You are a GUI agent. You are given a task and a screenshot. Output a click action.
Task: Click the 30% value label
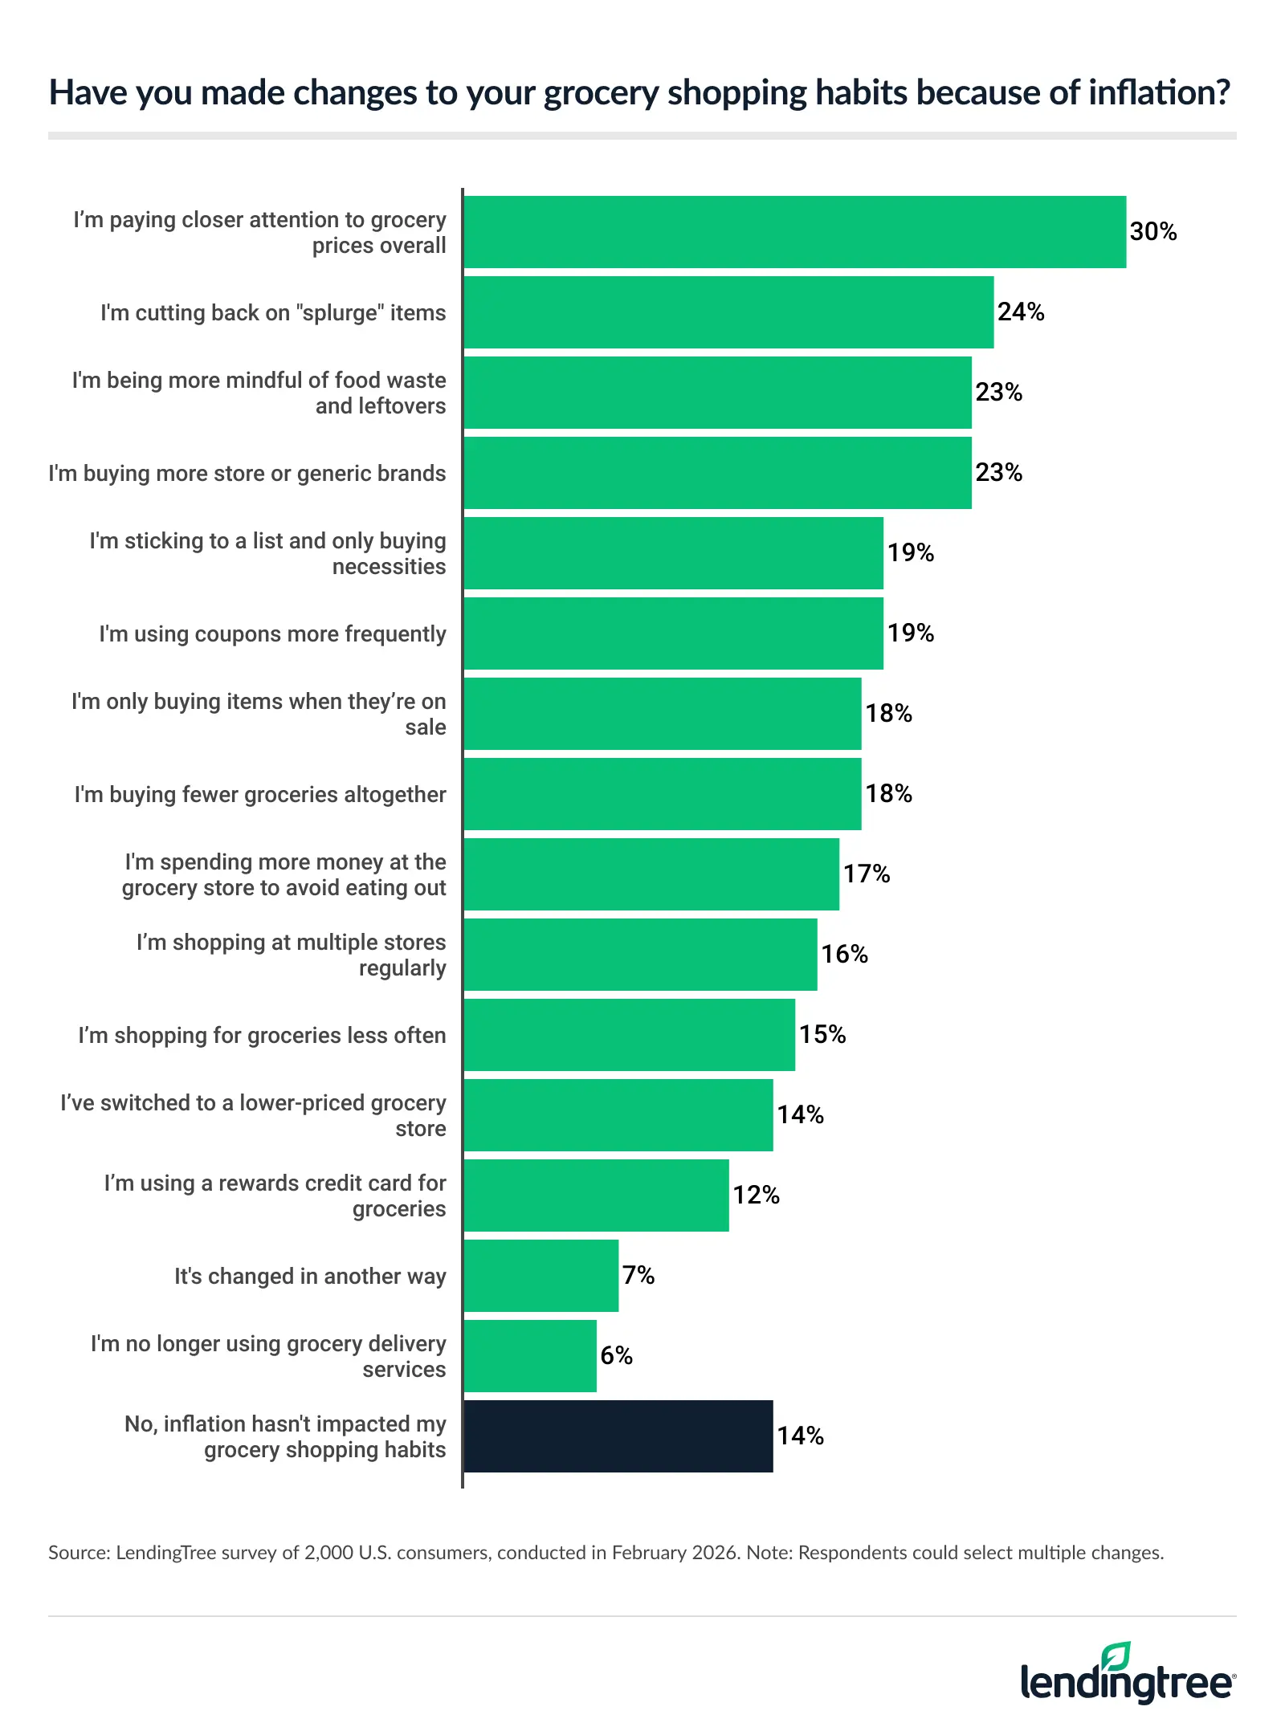[x=1152, y=232]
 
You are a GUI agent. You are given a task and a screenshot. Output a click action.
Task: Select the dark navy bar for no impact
[x=618, y=1436]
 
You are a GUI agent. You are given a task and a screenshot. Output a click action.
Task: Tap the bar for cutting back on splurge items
[x=728, y=312]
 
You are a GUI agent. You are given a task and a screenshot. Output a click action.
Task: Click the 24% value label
[x=1020, y=312]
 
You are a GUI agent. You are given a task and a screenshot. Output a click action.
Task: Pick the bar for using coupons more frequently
[x=673, y=633]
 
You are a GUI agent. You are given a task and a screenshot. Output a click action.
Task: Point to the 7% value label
[x=638, y=1276]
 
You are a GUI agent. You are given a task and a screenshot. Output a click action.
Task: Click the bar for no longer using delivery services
[x=530, y=1356]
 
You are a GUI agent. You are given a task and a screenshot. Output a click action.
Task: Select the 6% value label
[x=616, y=1356]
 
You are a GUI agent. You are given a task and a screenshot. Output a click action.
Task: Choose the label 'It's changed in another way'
[x=310, y=1276]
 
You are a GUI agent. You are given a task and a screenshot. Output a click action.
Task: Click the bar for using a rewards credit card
[x=596, y=1195]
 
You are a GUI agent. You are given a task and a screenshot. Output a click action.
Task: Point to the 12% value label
[x=756, y=1195]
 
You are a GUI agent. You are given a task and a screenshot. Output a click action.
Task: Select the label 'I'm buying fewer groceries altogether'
[x=260, y=794]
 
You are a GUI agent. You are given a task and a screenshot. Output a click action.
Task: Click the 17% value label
[x=866, y=874]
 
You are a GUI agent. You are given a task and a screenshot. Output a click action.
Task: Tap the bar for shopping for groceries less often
[x=629, y=1035]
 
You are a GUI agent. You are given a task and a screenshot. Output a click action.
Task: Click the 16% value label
[x=844, y=955]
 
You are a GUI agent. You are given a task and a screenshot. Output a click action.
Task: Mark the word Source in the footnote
[x=79, y=1553]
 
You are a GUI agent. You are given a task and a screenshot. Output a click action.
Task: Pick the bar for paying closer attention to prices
[x=794, y=232]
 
